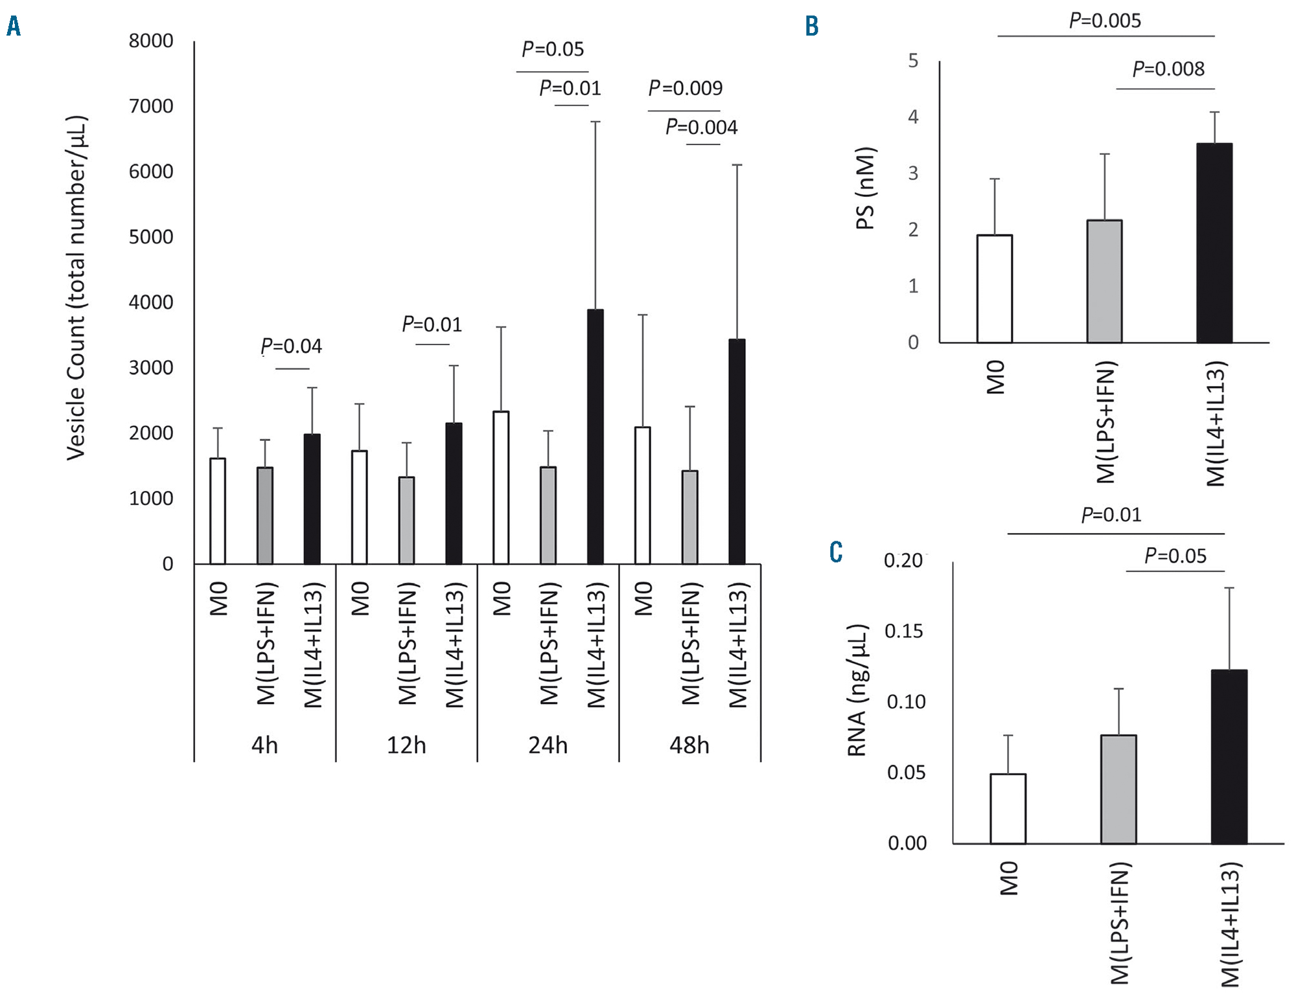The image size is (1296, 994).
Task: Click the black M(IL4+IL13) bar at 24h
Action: (595, 437)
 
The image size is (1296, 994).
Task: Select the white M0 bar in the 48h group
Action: (642, 495)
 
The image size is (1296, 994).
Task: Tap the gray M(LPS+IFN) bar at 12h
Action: (406, 521)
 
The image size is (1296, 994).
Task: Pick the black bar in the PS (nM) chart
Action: (1214, 243)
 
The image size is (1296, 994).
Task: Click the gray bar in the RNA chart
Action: (1118, 789)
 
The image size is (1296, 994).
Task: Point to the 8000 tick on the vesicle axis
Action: (151, 41)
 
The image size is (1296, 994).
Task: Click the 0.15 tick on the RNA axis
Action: (904, 631)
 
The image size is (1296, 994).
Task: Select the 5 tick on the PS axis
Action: (913, 61)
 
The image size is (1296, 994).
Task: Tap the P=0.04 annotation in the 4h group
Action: (291, 346)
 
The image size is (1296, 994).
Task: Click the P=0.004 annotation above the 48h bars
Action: (701, 127)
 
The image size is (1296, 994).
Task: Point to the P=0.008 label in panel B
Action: (1168, 69)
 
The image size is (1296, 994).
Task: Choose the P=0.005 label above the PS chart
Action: (1104, 21)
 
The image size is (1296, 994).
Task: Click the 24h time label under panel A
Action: (548, 745)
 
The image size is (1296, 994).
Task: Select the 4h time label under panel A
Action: (264, 745)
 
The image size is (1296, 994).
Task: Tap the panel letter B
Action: (811, 27)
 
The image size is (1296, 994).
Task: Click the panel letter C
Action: (836, 552)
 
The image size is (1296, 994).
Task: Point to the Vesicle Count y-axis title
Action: (76, 288)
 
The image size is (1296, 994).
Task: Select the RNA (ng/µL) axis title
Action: (857, 690)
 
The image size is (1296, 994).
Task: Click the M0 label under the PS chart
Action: (995, 378)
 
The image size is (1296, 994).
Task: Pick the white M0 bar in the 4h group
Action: (218, 511)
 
